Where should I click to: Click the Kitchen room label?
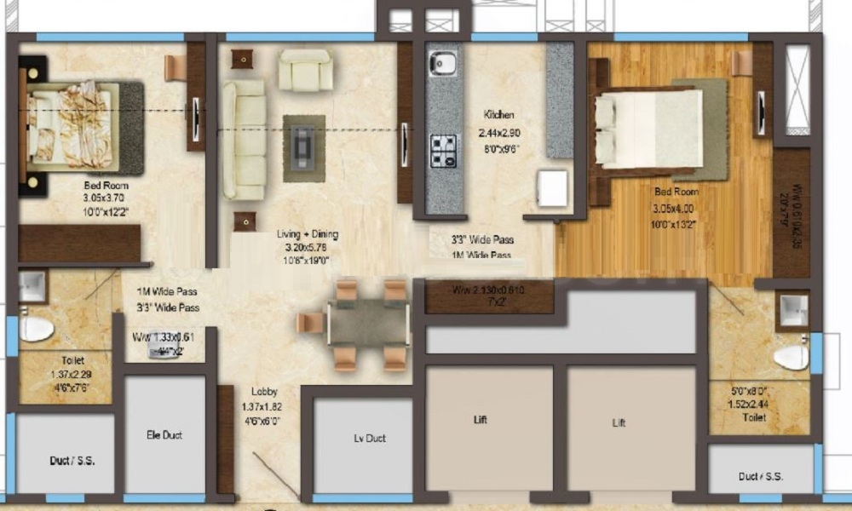click(x=499, y=115)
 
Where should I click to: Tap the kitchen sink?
click(x=443, y=63)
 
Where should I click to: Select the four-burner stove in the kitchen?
click(x=443, y=151)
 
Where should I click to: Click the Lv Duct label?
click(x=370, y=439)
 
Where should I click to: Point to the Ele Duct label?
click(x=164, y=435)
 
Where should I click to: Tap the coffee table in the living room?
click(x=304, y=146)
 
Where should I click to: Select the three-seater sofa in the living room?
click(x=243, y=141)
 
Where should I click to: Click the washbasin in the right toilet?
click(x=792, y=311)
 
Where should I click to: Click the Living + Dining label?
click(x=307, y=234)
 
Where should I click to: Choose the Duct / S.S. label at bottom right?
click(x=760, y=477)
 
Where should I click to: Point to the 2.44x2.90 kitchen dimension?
click(x=499, y=134)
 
